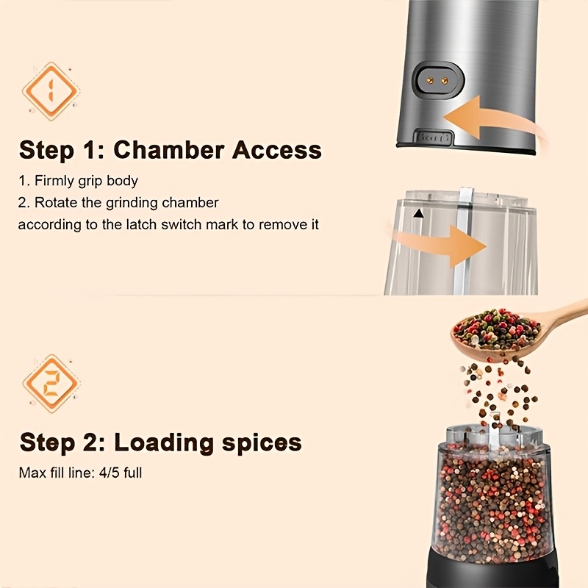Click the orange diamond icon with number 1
[51, 92]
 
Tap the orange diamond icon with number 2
[51, 384]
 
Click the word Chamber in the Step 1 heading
[169, 150]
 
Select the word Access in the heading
[277, 150]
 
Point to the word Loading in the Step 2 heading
[164, 443]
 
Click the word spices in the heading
[262, 444]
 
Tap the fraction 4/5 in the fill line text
[109, 473]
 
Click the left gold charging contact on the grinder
[431, 80]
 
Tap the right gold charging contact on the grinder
[445, 80]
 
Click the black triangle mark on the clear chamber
[418, 214]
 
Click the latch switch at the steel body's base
[434, 137]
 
